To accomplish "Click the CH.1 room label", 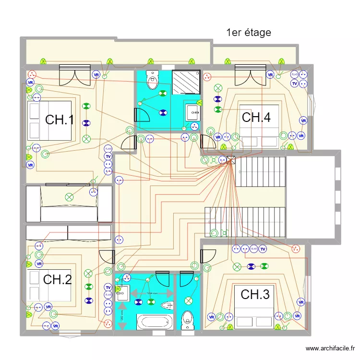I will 60,120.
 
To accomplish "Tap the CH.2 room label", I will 58,279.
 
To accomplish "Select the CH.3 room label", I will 255,295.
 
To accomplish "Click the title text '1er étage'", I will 249,33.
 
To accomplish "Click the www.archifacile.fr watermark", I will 331,348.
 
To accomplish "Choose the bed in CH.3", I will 254,307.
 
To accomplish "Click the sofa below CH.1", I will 69,204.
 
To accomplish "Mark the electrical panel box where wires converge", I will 230,161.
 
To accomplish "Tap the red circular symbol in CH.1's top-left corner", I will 32,74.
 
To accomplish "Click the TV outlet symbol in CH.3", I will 263,249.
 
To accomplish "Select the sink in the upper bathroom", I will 193,112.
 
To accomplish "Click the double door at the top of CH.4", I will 250,75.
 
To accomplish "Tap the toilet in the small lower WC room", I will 187,319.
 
